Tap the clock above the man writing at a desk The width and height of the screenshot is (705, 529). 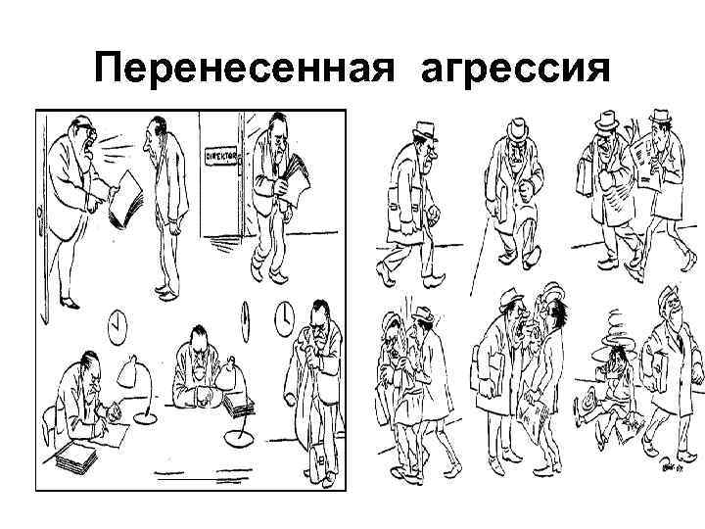tap(118, 322)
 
